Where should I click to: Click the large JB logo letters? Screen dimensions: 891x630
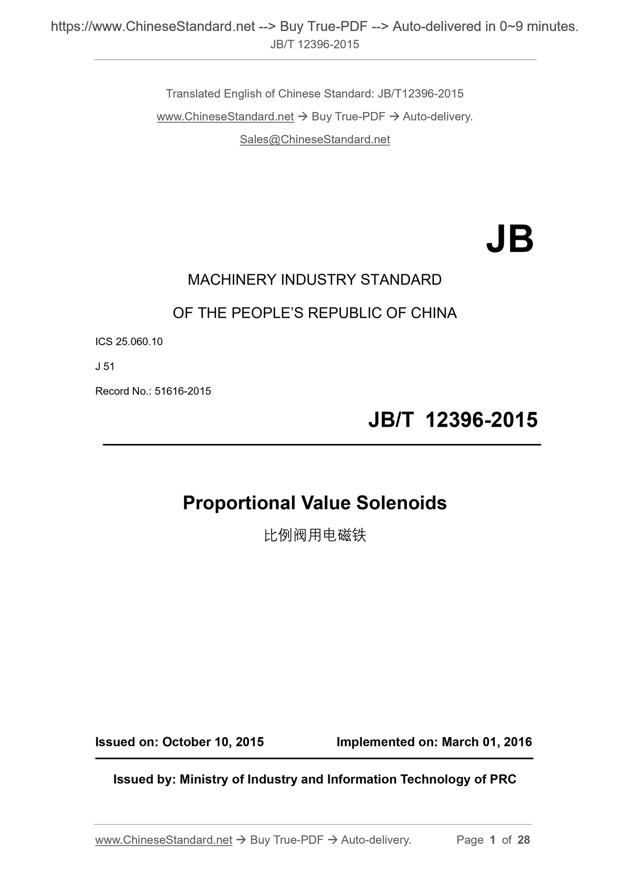coord(509,239)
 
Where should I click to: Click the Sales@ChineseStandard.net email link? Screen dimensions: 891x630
coord(315,139)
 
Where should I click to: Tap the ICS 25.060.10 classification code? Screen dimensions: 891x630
coord(129,342)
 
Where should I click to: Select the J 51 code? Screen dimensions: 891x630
coord(105,367)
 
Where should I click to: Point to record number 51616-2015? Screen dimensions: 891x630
coord(183,391)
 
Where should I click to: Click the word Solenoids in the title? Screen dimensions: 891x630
coord(401,503)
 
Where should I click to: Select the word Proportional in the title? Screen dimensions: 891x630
coord(239,503)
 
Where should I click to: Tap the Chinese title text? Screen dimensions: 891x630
coord(315,535)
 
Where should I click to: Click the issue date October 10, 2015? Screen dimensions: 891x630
coord(213,742)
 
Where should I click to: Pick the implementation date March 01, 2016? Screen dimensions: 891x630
coord(487,742)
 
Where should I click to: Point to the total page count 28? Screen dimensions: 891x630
coord(523,840)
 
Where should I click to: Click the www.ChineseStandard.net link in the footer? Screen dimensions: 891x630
coord(163,840)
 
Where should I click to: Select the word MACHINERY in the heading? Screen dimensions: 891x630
coord(232,280)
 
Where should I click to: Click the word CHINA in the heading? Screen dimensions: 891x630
coord(433,313)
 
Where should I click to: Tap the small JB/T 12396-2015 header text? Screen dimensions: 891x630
coord(315,44)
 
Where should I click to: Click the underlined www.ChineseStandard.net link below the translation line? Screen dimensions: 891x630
coord(225,117)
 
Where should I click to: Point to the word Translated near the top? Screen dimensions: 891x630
coord(193,94)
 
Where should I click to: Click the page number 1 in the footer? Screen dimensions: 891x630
coord(493,840)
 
